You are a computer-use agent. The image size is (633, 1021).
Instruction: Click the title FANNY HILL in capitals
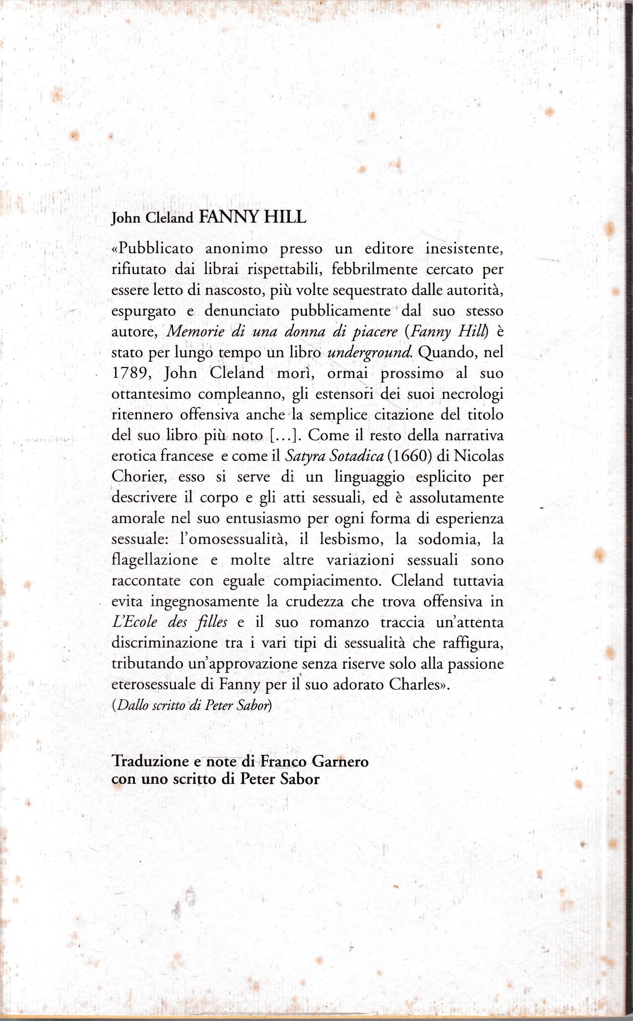(252, 218)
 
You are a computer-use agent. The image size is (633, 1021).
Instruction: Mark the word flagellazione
(154, 560)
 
